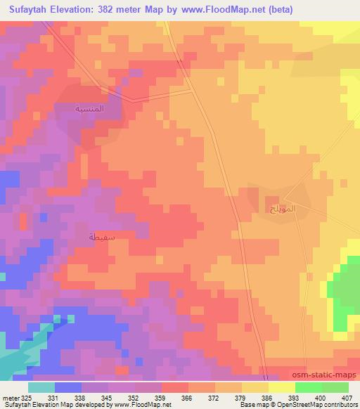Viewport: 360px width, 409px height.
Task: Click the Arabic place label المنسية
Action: (x=89, y=109)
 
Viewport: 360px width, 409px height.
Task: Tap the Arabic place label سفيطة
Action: (x=102, y=238)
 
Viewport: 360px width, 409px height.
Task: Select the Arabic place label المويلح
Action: (x=283, y=209)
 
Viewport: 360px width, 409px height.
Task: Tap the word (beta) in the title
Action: (x=276, y=10)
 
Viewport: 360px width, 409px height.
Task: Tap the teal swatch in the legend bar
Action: (x=41, y=387)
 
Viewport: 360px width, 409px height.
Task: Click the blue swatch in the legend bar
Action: (x=68, y=387)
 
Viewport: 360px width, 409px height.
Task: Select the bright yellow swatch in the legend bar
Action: (x=282, y=387)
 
